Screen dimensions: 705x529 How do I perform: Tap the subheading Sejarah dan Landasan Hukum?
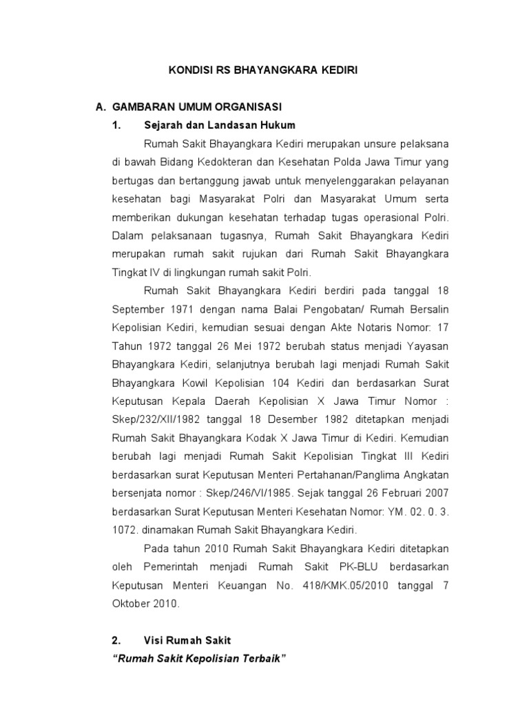(x=220, y=125)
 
